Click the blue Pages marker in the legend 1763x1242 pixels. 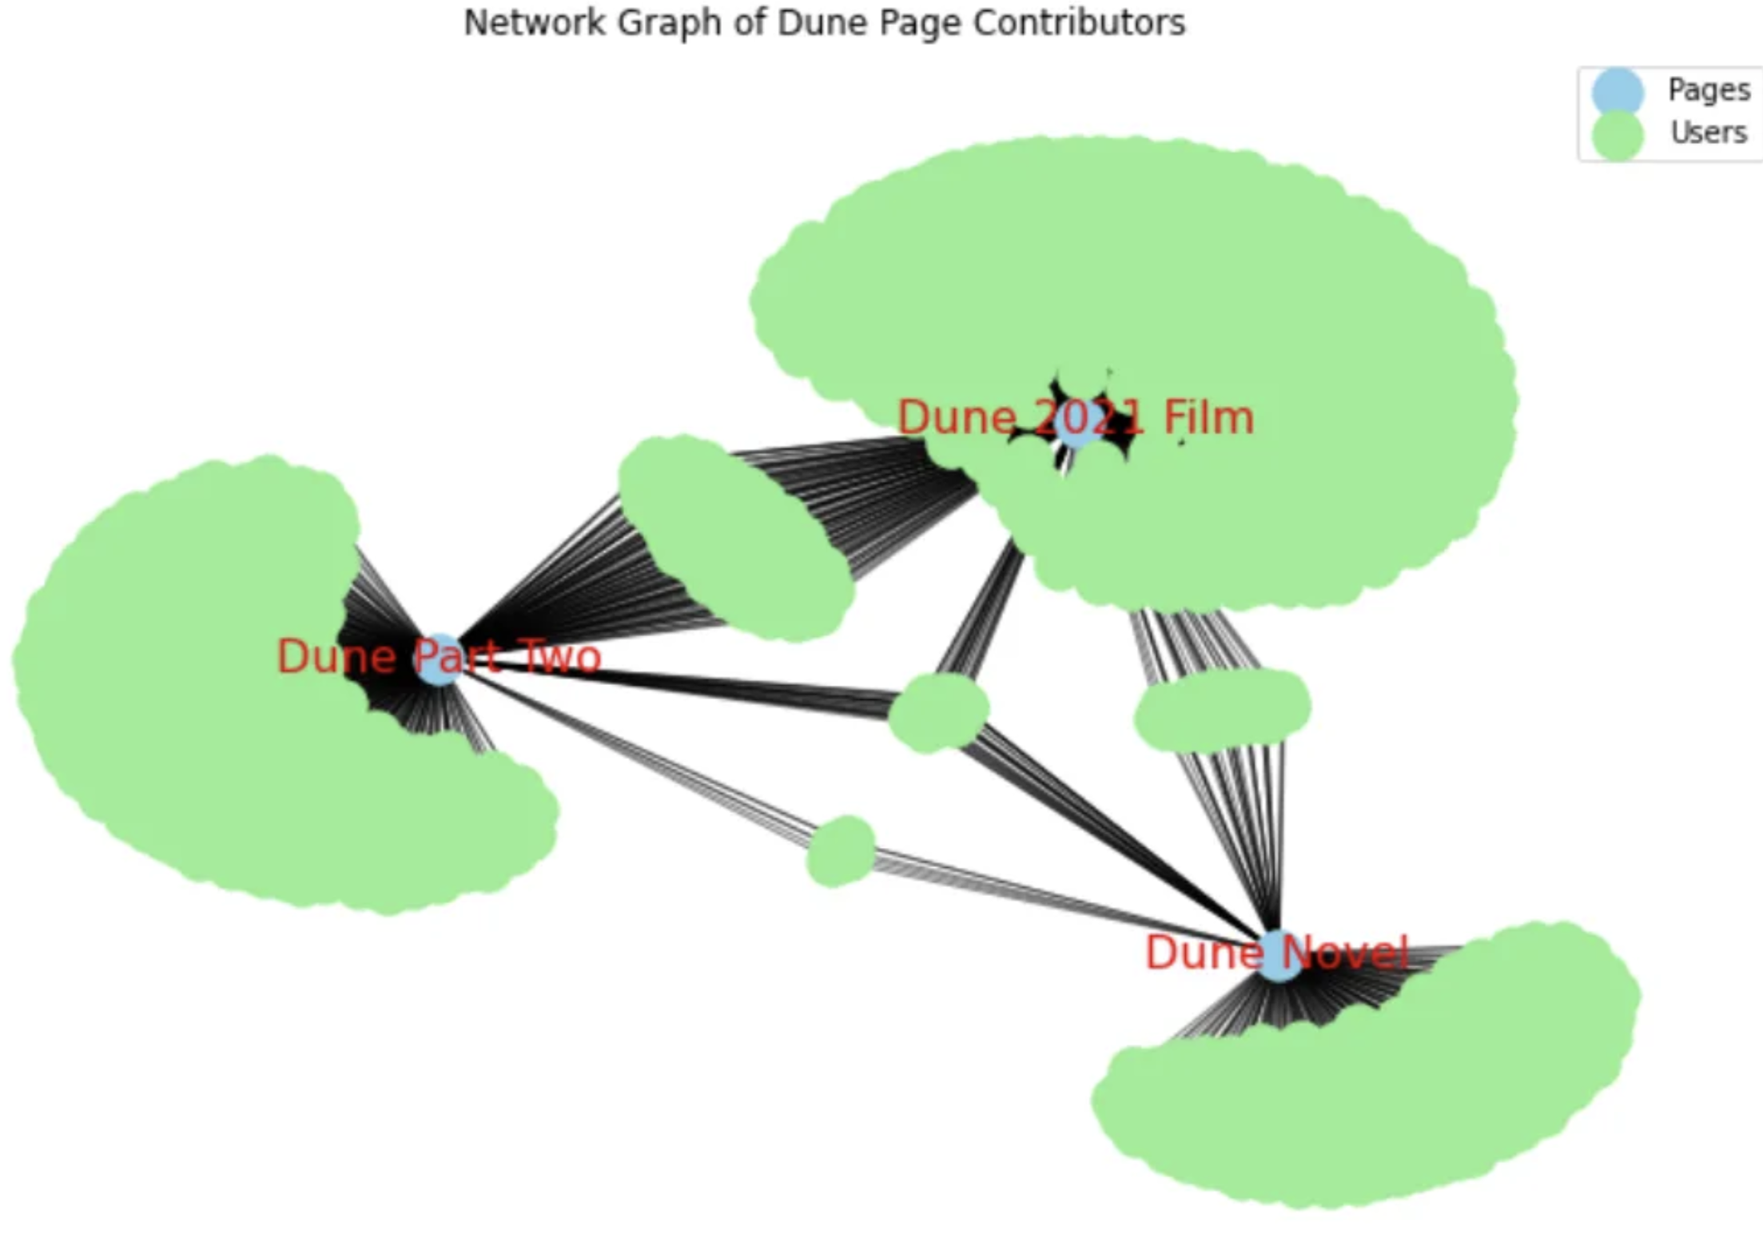[x=1617, y=91]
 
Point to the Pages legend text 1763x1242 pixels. [x=1709, y=90]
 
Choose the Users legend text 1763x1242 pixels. [x=1709, y=133]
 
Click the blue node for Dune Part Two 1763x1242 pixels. [x=438, y=660]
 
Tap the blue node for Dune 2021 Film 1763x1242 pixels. [x=1077, y=424]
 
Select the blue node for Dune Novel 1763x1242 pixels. [x=1279, y=955]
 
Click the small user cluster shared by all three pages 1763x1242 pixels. [x=938, y=712]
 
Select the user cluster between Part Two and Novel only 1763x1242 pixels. [x=841, y=851]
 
